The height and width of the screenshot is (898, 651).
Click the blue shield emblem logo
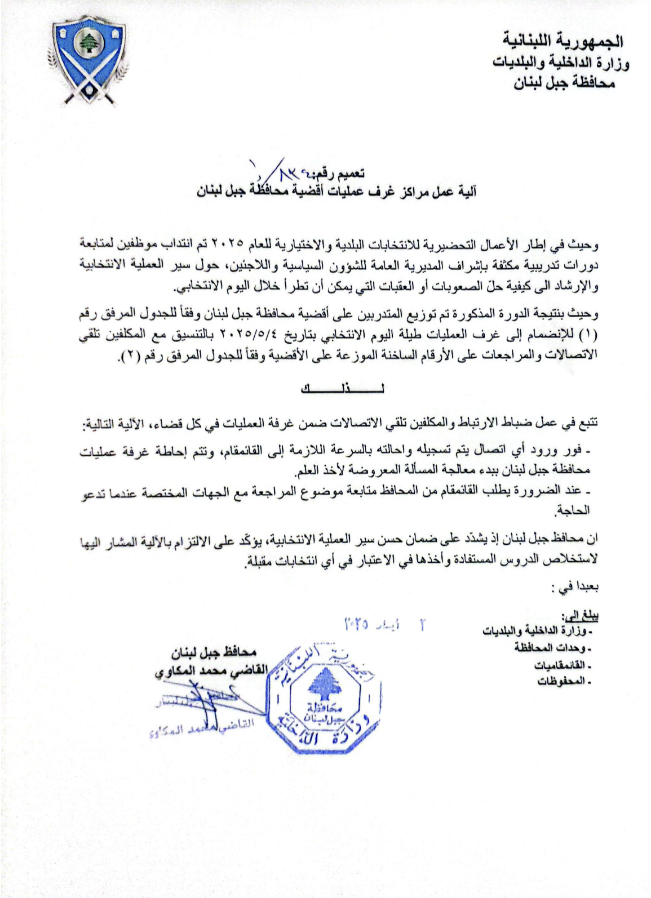point(87,61)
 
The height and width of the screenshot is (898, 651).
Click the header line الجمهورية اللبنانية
point(564,40)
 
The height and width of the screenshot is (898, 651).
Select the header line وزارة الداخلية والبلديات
point(561,63)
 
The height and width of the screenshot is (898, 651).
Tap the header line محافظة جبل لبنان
point(564,85)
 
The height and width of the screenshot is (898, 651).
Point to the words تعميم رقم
point(338,172)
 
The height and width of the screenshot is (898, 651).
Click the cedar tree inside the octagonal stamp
point(323,683)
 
